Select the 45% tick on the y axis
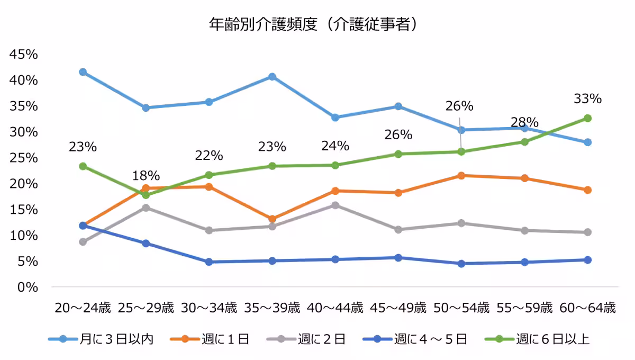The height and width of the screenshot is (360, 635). click(23, 55)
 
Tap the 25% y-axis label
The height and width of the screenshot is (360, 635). click(23, 158)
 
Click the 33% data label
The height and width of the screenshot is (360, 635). click(587, 99)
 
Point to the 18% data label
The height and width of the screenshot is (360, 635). click(146, 176)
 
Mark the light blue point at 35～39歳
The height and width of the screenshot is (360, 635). click(272, 77)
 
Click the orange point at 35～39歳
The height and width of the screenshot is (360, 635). click(272, 219)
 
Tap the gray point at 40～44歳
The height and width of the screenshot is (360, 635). click(335, 205)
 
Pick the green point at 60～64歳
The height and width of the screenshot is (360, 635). click(587, 118)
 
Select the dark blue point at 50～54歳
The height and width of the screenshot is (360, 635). click(461, 264)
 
